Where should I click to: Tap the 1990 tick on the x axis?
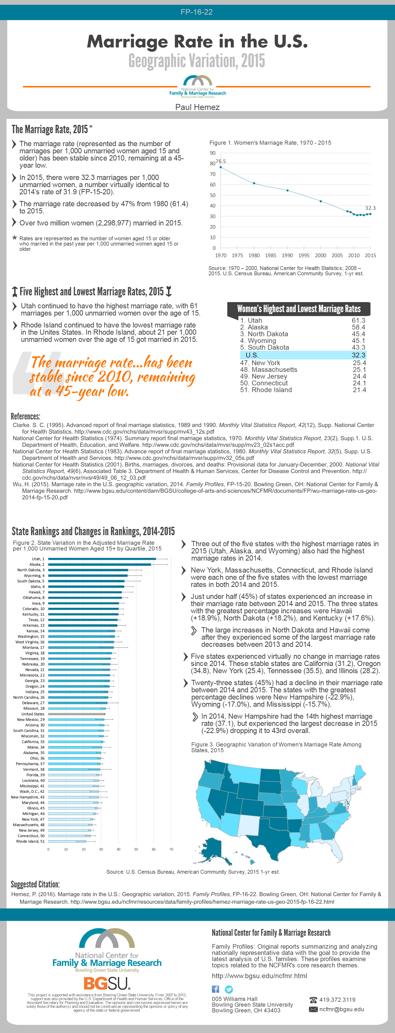[x=287, y=255]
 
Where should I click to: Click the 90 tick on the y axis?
[x=213, y=153]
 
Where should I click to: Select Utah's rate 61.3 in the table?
[x=358, y=320]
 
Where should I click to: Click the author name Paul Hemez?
[x=197, y=107]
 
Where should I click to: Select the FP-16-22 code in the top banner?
[x=197, y=12]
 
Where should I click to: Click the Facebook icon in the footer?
[x=215, y=989]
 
